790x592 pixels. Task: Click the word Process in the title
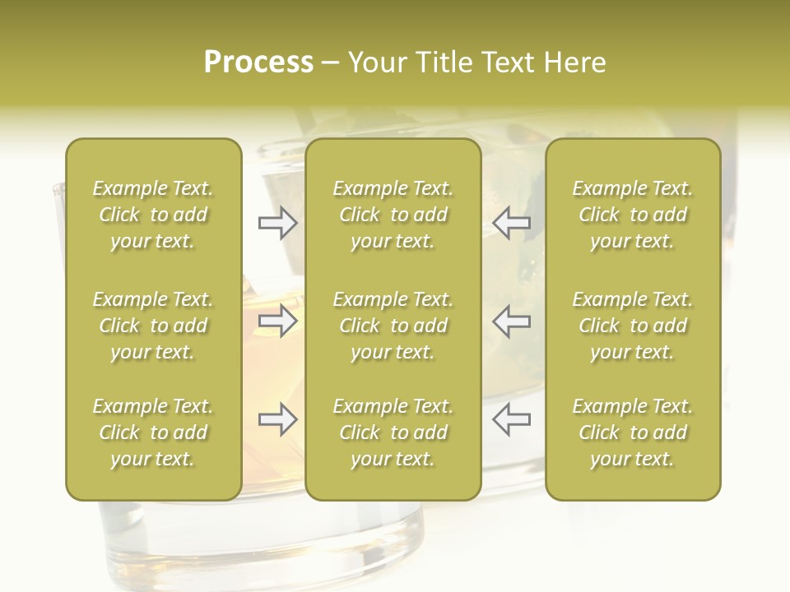tap(258, 62)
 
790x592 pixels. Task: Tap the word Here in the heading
tap(574, 62)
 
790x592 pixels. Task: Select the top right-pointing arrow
tap(277, 223)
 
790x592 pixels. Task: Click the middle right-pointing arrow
tap(277, 321)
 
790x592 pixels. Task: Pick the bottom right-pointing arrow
tap(277, 419)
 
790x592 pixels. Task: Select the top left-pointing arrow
tap(511, 223)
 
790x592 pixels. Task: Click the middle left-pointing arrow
tap(511, 321)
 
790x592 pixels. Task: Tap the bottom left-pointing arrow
tap(511, 419)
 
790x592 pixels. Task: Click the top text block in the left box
tap(153, 215)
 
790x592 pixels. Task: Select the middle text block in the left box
tap(153, 326)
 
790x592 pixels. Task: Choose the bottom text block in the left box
tap(153, 432)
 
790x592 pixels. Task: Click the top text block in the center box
tap(393, 215)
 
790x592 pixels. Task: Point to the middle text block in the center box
tap(393, 326)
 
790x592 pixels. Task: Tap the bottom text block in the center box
tap(393, 432)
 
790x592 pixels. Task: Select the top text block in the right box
tap(633, 215)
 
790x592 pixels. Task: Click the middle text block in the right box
tap(633, 326)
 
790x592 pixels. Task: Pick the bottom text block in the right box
tap(633, 432)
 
